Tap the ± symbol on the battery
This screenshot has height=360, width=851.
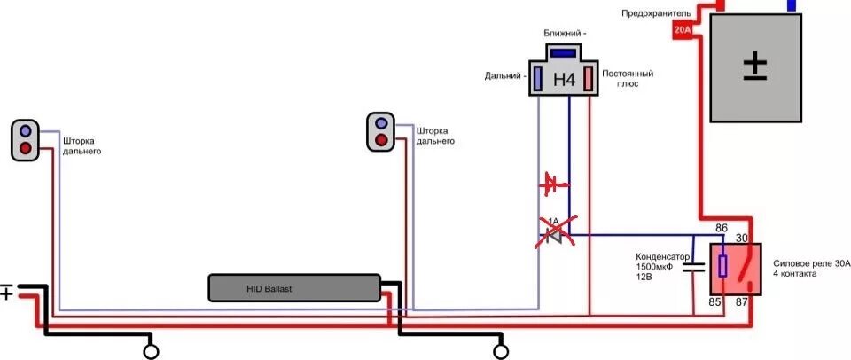(755, 65)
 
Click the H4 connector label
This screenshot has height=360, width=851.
(564, 80)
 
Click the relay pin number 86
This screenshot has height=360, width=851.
(722, 229)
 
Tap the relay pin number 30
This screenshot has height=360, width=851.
(744, 238)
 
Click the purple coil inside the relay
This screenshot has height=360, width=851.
(722, 266)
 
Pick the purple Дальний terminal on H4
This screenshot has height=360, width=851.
(537, 79)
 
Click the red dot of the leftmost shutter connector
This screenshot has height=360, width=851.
(26, 147)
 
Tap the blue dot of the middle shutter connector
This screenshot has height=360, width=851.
(381, 122)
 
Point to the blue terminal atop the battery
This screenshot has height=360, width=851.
(791, 5)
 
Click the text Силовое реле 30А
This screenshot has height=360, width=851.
(812, 263)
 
